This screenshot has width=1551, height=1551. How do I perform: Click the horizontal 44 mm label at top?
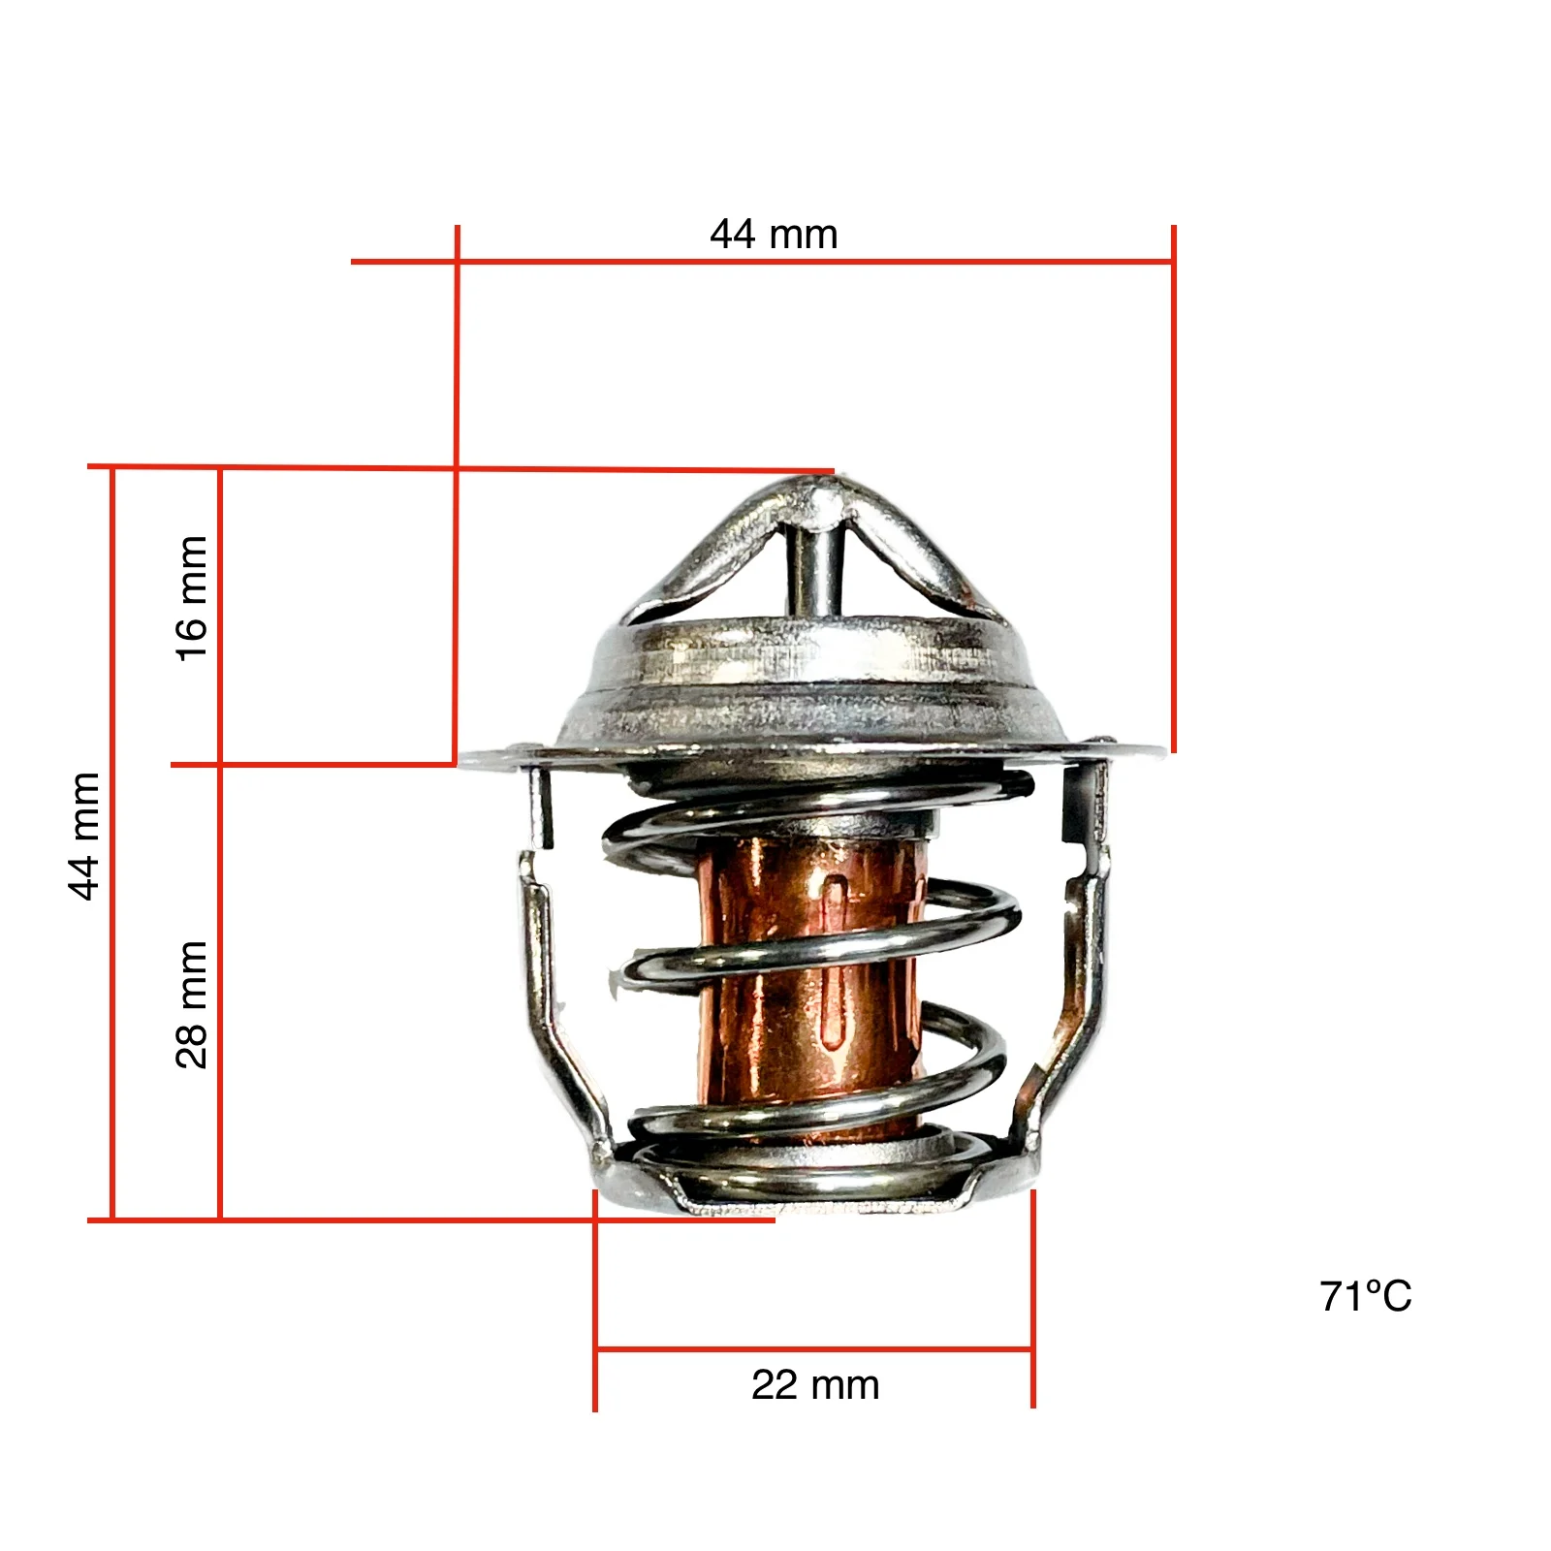[774, 235]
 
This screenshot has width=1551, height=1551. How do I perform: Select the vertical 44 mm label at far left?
[85, 836]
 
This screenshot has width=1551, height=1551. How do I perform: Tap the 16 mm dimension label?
[191, 598]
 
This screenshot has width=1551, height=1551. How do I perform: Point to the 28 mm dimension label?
[191, 1004]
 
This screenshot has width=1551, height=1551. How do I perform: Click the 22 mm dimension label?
[815, 1384]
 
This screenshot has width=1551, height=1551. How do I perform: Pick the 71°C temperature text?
[1365, 1296]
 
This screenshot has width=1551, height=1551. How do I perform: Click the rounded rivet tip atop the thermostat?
[824, 499]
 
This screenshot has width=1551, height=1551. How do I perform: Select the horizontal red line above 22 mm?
[814, 1348]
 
